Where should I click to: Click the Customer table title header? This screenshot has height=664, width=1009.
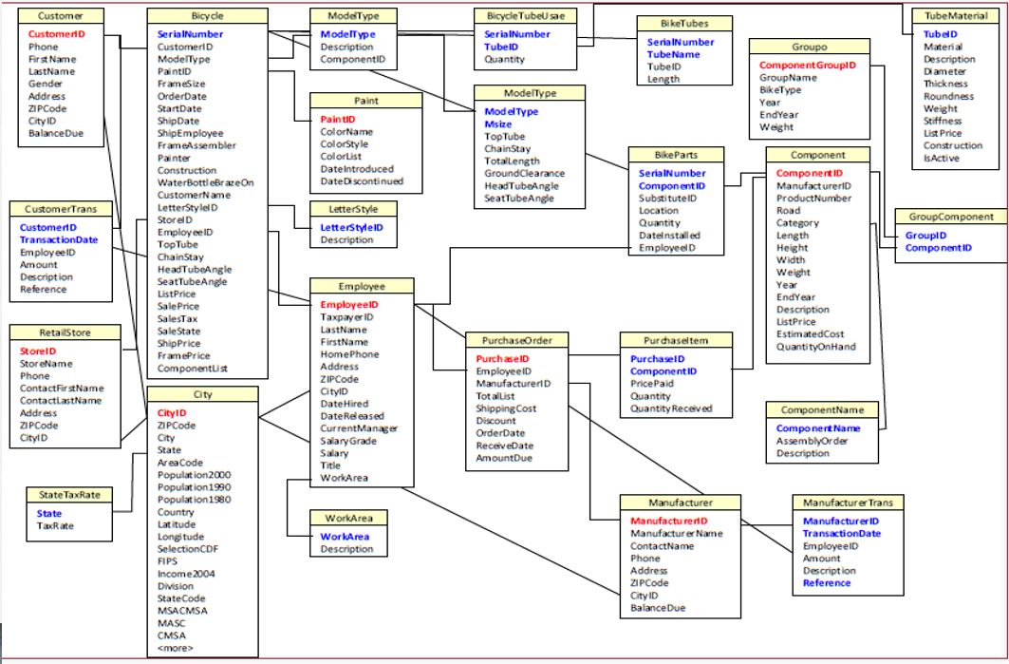point(60,16)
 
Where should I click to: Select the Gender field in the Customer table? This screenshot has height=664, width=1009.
point(47,84)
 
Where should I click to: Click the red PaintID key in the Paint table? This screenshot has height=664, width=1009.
point(338,120)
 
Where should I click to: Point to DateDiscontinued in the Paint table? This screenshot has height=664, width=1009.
point(362,181)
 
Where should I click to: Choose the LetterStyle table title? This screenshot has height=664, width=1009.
point(353,208)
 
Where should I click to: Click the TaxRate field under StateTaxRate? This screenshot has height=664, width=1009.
point(55,525)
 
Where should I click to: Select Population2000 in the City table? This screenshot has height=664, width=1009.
point(194,475)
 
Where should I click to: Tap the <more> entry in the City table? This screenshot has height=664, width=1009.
point(175,648)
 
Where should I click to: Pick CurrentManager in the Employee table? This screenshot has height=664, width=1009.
point(359,428)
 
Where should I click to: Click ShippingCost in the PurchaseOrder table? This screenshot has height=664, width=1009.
point(506,408)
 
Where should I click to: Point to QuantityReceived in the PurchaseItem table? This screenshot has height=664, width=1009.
point(671,408)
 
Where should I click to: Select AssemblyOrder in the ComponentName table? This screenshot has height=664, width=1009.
point(814,441)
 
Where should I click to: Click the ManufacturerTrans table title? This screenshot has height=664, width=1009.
point(848,502)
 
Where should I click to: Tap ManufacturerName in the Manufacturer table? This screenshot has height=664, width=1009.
point(676,534)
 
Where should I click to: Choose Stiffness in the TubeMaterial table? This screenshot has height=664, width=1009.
point(943,121)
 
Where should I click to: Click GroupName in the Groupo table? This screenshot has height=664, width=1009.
point(788,78)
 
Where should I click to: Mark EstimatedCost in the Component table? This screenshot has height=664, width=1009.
point(810,334)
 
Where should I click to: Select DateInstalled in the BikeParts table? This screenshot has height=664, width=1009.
point(669,236)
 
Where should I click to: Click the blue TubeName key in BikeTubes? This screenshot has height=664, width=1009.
point(673,55)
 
